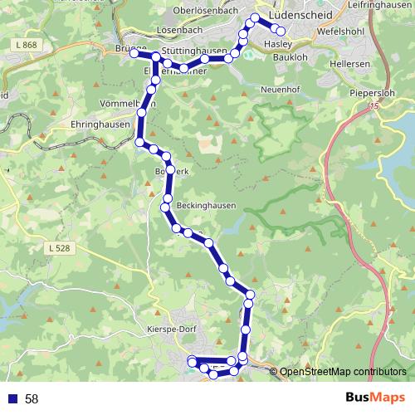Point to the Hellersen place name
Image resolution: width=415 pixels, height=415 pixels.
coord(348,62)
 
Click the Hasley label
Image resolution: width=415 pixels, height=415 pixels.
coord(278,44)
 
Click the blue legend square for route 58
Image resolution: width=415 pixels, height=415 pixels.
coord(12,398)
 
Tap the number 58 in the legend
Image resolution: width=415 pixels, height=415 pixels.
coord(32,399)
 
